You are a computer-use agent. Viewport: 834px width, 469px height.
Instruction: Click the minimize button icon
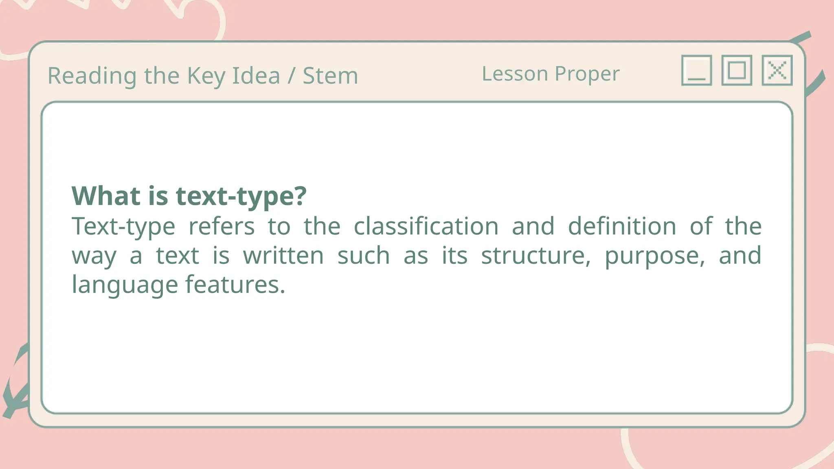[696, 70]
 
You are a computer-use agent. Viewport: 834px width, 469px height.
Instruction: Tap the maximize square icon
[737, 70]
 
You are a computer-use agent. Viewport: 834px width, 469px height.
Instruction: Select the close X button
[777, 70]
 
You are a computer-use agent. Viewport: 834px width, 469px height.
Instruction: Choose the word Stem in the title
[330, 76]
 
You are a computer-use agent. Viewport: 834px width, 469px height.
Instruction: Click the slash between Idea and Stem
[291, 76]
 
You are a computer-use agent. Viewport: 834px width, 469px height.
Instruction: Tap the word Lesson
[515, 74]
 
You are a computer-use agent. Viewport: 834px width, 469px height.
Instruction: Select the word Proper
[587, 75]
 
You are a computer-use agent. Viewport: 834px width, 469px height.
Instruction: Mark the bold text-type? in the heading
[241, 197]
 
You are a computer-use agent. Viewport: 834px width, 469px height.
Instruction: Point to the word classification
[426, 226]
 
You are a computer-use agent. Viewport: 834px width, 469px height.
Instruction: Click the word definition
[622, 226]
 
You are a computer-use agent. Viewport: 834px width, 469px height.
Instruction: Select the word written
[283, 256]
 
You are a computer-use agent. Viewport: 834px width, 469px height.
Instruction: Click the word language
[125, 285]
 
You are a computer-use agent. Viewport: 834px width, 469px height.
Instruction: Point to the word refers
[222, 226]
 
